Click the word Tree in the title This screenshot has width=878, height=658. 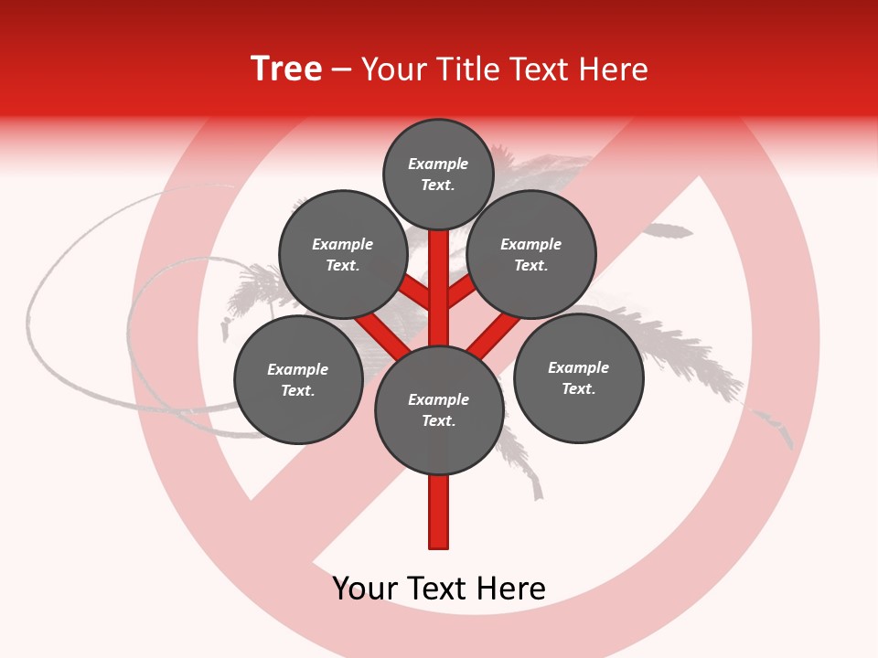coord(286,69)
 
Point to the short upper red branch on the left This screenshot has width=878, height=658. coord(416,292)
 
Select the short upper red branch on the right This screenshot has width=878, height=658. coord(461,292)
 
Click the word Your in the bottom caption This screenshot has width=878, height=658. coord(365,589)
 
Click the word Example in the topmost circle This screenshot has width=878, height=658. coord(438,164)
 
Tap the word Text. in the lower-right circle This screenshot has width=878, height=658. coord(578,388)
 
